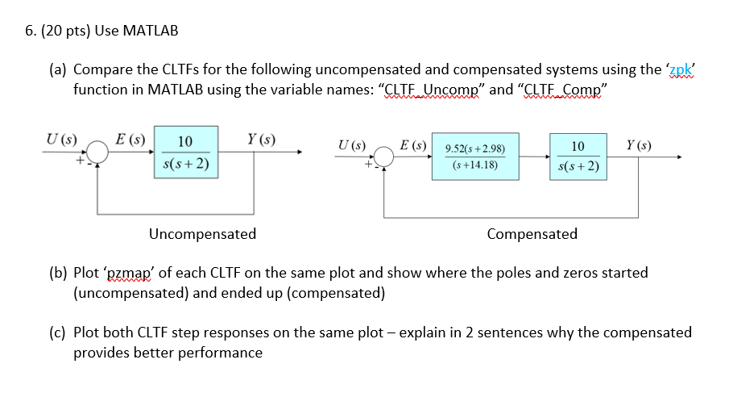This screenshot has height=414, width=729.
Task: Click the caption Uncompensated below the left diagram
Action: coord(202,234)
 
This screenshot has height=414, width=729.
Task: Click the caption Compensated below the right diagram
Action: coord(532,234)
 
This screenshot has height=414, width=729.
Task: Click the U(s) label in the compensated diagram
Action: coord(351,146)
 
